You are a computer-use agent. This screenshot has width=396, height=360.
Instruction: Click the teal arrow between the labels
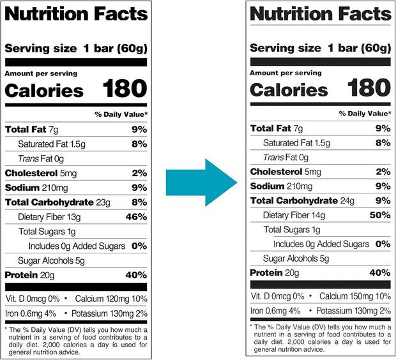pos(200,183)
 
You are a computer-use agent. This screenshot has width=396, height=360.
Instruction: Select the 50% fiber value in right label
pos(380,215)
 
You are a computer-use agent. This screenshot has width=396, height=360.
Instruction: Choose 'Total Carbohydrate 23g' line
pos(58,202)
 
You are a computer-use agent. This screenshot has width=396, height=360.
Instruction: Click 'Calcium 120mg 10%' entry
pos(111,299)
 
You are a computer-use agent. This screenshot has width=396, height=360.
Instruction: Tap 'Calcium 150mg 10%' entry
pos(354,296)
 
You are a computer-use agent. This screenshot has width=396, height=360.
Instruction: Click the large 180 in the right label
pos(369,88)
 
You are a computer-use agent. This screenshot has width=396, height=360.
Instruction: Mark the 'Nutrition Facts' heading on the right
pos(320,13)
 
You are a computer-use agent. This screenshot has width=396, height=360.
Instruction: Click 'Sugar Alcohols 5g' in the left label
pos(51,260)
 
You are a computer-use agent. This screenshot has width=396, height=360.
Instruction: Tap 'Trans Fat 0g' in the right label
pos(286,157)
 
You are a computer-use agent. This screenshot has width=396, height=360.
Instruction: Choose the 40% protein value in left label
pos(136,275)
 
